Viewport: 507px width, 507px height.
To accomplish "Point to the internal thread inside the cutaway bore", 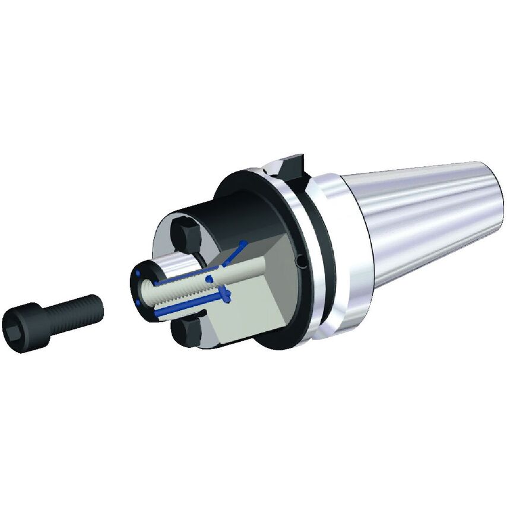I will click(x=178, y=288).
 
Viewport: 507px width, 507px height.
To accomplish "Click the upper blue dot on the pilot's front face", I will click(x=137, y=274).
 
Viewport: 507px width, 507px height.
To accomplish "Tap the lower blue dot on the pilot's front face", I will click(x=137, y=302).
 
